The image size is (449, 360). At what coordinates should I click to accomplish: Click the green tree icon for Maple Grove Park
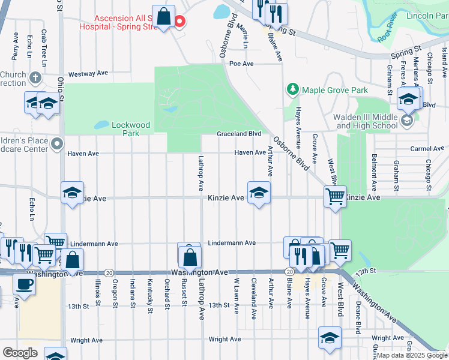tap(293, 90)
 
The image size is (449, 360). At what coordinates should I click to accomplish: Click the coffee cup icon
tap(24, 284)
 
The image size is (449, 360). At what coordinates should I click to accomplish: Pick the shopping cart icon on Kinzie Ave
tap(335, 196)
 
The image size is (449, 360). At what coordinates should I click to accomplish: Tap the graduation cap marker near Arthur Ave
tap(259, 193)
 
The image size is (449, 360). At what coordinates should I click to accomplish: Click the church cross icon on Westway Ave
tap(35, 78)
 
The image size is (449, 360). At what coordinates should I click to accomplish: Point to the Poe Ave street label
tap(242, 64)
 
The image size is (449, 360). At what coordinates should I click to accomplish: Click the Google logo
tap(19, 352)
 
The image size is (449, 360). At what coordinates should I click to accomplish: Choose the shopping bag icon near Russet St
tap(190, 257)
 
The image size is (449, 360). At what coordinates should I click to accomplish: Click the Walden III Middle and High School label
tap(367, 121)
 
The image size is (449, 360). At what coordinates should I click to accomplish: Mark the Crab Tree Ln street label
tap(44, 47)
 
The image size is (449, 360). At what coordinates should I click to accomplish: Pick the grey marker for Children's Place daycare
tap(57, 144)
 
